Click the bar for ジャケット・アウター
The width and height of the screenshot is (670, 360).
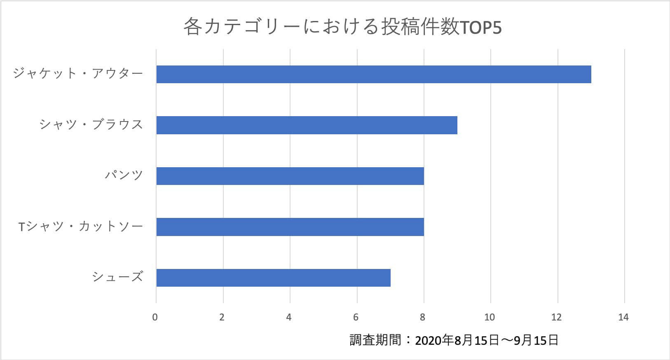[x=373, y=74]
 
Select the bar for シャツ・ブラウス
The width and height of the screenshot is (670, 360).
[x=307, y=125]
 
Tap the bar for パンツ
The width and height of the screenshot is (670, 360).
[x=290, y=176]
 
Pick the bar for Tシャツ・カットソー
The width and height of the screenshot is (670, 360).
[x=290, y=227]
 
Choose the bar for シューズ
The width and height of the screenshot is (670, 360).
[x=273, y=278]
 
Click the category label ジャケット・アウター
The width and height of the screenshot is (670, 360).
[x=78, y=74]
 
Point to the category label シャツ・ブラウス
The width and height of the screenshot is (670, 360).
[x=91, y=124]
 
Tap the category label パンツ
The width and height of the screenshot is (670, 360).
[x=124, y=175]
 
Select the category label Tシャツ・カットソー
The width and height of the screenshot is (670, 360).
[x=81, y=227]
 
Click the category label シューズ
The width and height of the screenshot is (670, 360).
[x=117, y=277]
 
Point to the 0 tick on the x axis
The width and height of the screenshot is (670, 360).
[x=155, y=317]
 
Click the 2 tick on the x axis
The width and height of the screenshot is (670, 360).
[x=222, y=317]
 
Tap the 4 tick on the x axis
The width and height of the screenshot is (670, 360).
[x=289, y=317]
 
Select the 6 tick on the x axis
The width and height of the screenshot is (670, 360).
[x=356, y=317]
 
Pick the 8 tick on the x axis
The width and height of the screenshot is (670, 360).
[x=423, y=317]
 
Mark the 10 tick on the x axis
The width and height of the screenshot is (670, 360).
[x=490, y=317]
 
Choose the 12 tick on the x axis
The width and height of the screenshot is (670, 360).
[x=557, y=317]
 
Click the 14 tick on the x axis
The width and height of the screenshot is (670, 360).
[x=623, y=317]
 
